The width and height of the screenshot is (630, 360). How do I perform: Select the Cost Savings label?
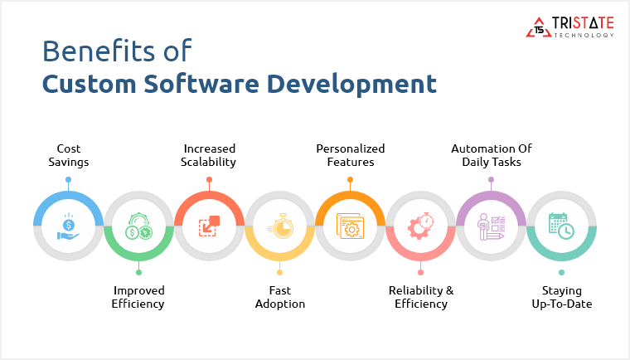click(x=68, y=155)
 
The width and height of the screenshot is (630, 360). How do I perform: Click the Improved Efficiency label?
click(x=138, y=297)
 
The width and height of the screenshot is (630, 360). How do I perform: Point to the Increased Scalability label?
click(x=209, y=155)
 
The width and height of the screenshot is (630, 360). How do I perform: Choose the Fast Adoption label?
click(x=279, y=297)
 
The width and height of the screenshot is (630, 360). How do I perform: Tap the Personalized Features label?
click(x=350, y=155)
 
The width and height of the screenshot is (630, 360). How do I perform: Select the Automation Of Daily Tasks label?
click(x=491, y=155)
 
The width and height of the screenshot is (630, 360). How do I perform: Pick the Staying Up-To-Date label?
click(x=561, y=297)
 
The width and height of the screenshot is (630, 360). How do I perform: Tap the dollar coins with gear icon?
click(x=138, y=226)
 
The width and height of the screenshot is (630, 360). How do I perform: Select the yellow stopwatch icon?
click(x=279, y=226)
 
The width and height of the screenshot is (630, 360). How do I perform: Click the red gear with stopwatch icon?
click(x=420, y=226)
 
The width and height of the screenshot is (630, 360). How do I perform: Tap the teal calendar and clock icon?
click(x=561, y=226)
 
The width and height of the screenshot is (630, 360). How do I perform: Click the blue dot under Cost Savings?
click(x=68, y=179)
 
